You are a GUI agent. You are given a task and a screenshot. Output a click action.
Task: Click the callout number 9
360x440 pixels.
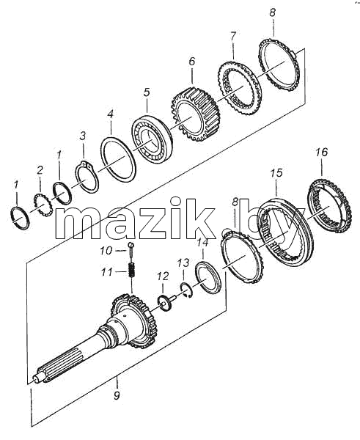coord(117,395)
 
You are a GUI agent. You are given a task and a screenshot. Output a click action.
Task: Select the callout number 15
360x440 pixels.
coord(276,173)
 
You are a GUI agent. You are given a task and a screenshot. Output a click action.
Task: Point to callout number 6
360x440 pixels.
coord(192,62)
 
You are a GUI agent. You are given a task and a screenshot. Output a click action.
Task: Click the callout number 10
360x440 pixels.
coord(106,251)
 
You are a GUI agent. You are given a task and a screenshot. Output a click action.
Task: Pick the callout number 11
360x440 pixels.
coord(107,272)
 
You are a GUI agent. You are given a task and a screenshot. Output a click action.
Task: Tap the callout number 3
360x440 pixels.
coord(83,136)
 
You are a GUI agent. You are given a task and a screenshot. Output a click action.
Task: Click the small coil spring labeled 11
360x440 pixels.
coord(131,270)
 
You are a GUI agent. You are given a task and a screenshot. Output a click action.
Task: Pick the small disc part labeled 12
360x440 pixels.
coord(164,302)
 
